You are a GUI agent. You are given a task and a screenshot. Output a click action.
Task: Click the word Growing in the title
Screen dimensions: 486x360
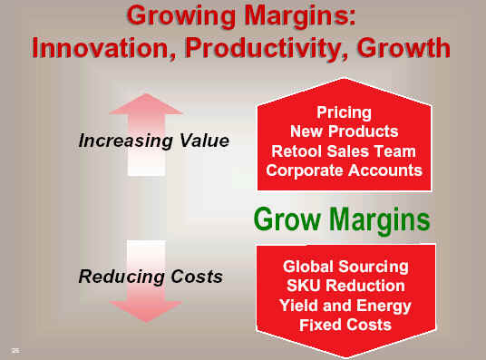coord(181,17)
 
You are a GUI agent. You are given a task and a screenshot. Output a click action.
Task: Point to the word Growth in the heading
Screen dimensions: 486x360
coord(403,48)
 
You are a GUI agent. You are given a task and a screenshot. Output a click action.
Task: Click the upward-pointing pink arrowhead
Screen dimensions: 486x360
coord(146,104)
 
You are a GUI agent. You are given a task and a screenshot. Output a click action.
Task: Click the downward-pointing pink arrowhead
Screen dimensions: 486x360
coord(146,311)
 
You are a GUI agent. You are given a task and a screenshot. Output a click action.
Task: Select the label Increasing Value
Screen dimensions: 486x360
coord(154,141)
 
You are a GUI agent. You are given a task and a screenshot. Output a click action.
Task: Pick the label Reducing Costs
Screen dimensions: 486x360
coord(151,277)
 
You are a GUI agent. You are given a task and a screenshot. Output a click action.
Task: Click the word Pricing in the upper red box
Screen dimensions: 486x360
coord(344,112)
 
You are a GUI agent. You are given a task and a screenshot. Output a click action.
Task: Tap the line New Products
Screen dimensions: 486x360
coord(344,131)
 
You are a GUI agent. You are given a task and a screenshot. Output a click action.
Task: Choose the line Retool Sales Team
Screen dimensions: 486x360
coord(344,151)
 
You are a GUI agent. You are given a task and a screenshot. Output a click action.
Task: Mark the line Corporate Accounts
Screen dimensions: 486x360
coord(344,170)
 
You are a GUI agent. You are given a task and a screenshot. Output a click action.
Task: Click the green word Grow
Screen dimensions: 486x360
coord(287,219)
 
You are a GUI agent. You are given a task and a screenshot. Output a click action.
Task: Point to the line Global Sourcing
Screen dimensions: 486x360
coord(345,268)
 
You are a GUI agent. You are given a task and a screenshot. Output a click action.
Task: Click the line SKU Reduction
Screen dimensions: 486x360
coord(345,286)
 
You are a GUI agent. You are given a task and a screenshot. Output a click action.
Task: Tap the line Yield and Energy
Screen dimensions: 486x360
coord(345,306)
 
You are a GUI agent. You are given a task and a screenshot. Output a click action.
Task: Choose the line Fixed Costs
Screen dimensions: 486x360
coord(345,325)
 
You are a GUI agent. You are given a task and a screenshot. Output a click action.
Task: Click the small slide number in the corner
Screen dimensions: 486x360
coord(15,351)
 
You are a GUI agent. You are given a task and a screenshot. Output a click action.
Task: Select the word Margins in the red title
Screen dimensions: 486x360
coord(300,17)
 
